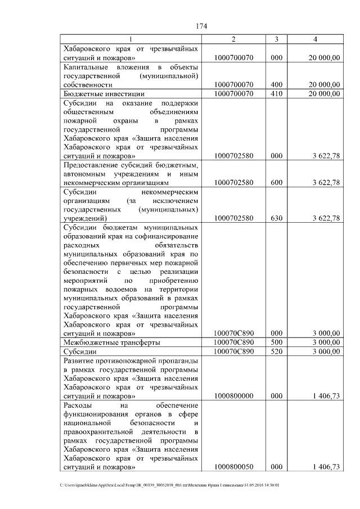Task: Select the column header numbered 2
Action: [233, 39]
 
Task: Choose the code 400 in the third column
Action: [276, 84]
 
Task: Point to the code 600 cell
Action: [276, 183]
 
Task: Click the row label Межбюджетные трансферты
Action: [111, 342]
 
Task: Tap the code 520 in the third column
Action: [276, 352]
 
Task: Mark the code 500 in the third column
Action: [276, 342]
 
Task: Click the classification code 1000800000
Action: [233, 396]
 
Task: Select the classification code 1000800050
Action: [233, 467]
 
